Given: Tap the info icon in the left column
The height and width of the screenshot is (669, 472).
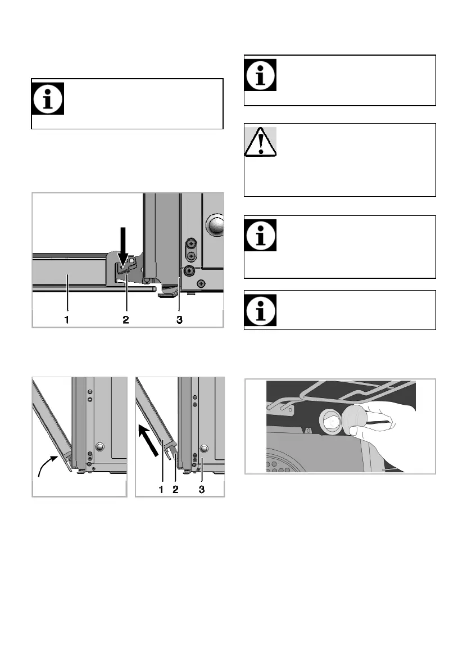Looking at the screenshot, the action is [48, 98].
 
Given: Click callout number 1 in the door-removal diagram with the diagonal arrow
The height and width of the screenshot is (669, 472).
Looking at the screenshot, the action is [161, 489].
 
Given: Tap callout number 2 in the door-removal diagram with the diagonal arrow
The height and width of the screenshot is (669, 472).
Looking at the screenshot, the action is [175, 489].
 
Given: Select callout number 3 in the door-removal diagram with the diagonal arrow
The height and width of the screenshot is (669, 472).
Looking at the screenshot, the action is [202, 489].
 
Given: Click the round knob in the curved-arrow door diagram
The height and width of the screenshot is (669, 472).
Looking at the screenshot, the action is [99, 447].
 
